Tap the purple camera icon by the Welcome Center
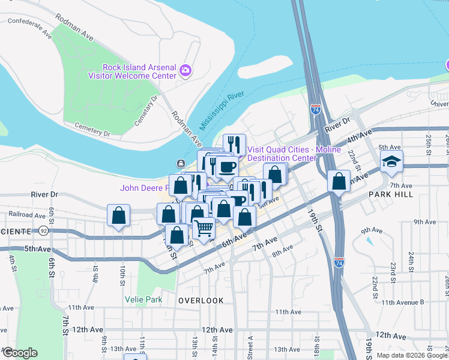click(x=185, y=71)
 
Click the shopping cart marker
click(x=204, y=228)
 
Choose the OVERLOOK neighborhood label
click(x=200, y=301)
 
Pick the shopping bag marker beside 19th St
click(x=339, y=182)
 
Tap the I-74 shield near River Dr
click(x=316, y=110)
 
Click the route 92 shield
click(x=43, y=230)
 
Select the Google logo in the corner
click(x=20, y=353)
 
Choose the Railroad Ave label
click(x=23, y=215)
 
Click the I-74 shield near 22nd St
click(x=339, y=262)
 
